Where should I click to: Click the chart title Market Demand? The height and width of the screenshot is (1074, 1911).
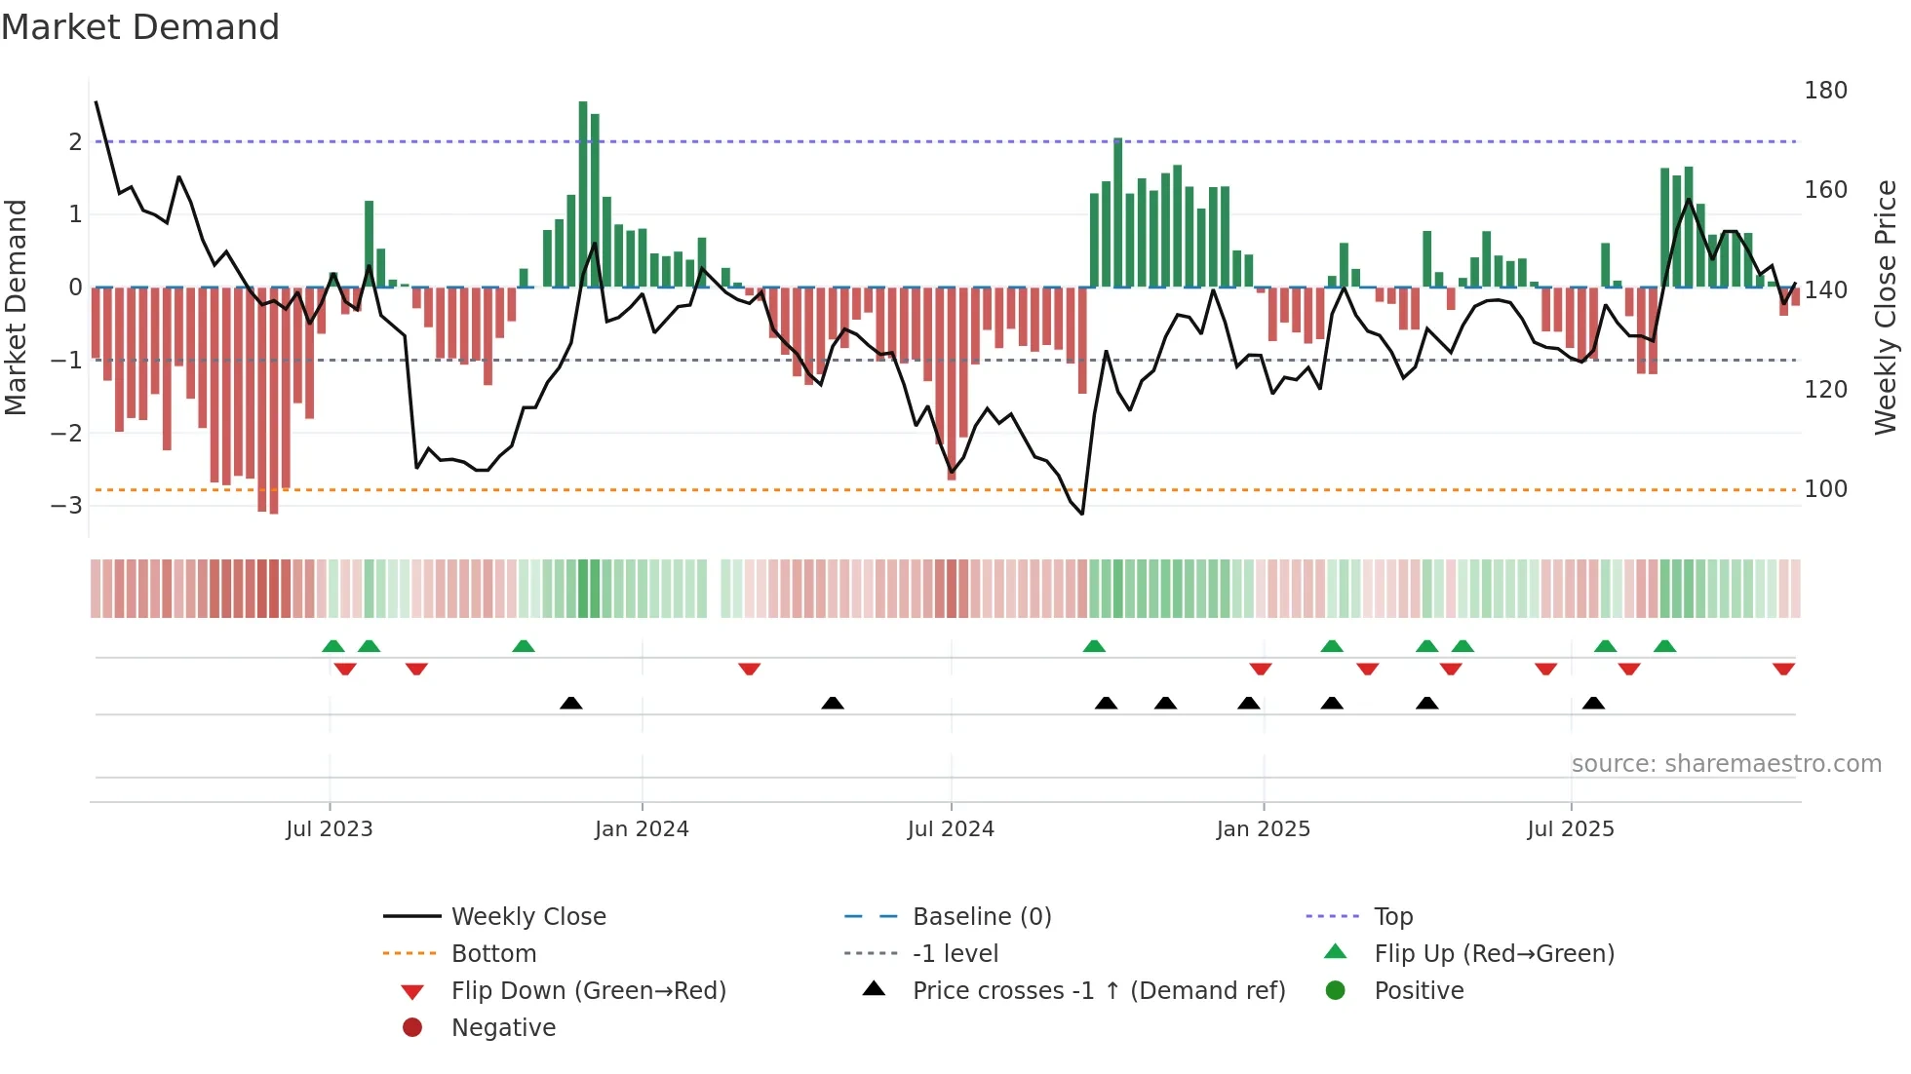(140, 27)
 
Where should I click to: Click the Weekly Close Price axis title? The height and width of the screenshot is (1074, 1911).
(1886, 307)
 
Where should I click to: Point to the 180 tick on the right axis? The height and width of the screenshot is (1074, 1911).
(1825, 91)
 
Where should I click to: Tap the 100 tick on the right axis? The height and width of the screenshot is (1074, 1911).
(1825, 489)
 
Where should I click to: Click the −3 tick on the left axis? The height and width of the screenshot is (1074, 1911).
(66, 506)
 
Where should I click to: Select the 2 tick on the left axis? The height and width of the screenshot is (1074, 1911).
(75, 142)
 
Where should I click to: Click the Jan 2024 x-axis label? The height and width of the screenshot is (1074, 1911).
(642, 829)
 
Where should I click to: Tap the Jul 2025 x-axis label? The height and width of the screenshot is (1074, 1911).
(1570, 829)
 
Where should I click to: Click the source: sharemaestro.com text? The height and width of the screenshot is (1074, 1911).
(1726, 764)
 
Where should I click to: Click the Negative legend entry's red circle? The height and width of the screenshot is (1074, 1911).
(412, 1028)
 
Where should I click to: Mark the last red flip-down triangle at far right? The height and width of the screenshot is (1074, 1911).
(1783, 670)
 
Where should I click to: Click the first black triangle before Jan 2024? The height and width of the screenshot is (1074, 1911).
(571, 703)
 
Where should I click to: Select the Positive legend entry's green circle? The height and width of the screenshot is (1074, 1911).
(1336, 991)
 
